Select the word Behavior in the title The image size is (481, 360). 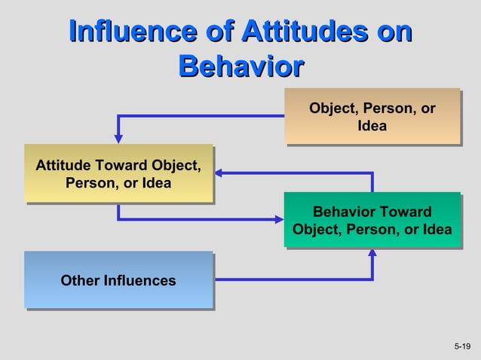[x=240, y=66]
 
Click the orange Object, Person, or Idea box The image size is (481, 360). [x=372, y=116]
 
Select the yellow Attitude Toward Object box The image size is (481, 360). [x=118, y=173]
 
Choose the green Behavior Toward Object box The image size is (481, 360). [x=372, y=220]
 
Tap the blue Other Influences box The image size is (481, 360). [x=118, y=280]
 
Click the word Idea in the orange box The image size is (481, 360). [x=372, y=126]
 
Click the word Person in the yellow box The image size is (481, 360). [x=90, y=183]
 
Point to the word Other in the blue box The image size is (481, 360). [x=79, y=281]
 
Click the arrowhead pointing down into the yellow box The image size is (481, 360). [x=118, y=139]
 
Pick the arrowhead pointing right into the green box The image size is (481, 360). [x=279, y=220]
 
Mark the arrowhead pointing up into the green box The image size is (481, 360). [x=372, y=252]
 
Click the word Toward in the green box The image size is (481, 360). [x=406, y=212]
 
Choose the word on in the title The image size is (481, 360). [x=397, y=32]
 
